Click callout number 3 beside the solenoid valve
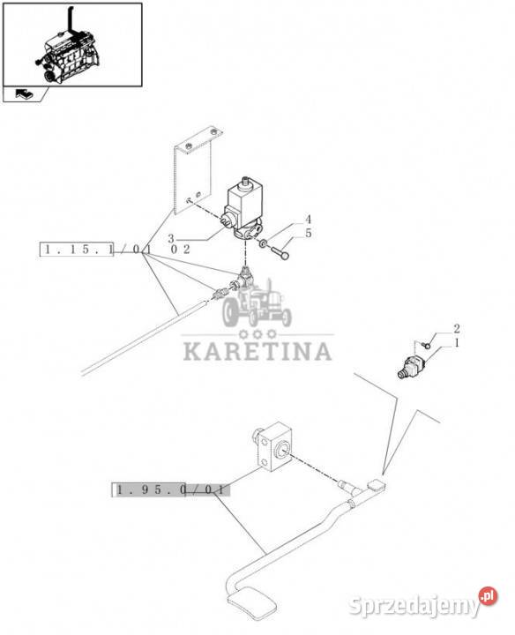171,239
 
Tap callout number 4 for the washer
308,220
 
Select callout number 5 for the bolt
309,233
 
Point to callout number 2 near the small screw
456,328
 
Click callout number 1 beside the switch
457,343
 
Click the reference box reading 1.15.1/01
76,250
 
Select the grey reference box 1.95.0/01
170,490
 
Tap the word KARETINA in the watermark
257,351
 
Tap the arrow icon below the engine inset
24,94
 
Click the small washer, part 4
263,243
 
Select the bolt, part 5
280,252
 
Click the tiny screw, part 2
426,345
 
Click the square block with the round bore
272,446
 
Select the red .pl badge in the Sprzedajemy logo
488,595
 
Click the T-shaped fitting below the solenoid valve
243,277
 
